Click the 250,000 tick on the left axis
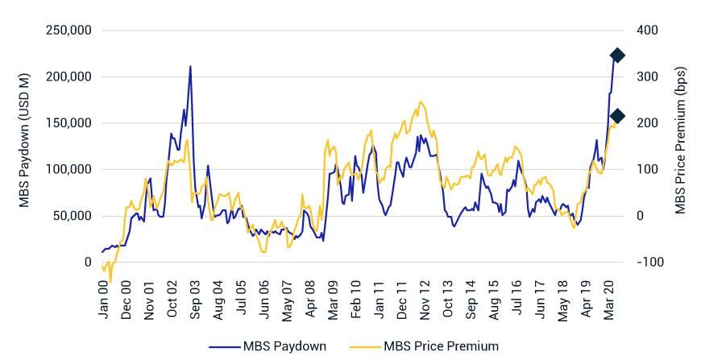point(69,31)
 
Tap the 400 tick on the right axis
point(647,31)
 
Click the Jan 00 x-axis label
point(103,300)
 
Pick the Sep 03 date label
point(194,300)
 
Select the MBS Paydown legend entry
point(268,346)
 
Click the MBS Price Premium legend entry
point(424,346)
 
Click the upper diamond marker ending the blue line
point(617,56)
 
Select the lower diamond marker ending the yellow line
point(617,117)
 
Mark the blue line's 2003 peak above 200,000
point(190,67)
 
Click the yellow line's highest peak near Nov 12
point(421,102)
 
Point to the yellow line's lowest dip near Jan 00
point(110,279)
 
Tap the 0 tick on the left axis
point(88,262)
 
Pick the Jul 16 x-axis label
point(516,300)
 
